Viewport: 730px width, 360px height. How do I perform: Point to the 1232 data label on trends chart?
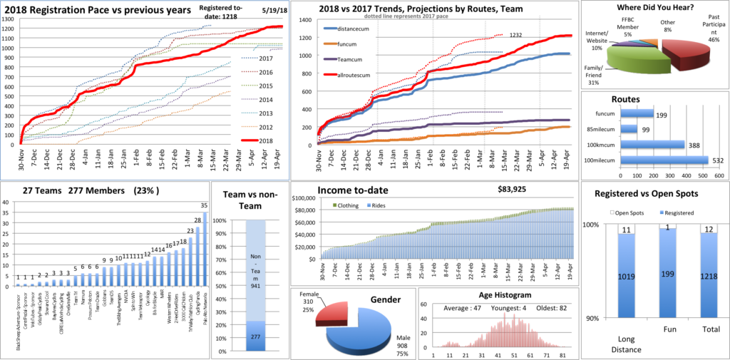pos(518,34)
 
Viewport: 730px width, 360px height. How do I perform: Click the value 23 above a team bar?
pos(190,230)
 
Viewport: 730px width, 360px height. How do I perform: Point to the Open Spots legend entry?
pos(629,211)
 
